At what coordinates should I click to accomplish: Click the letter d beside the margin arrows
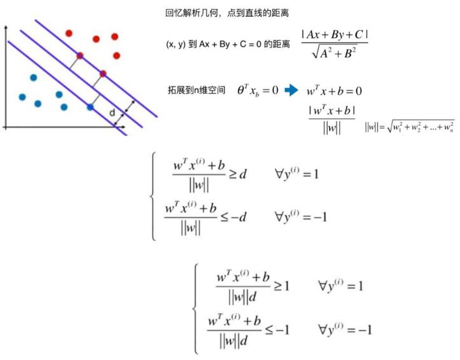coord(112,113)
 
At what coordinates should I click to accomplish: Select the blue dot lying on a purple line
coord(90,107)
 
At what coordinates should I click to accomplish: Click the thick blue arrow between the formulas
coord(291,90)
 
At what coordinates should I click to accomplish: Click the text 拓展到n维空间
coord(195,90)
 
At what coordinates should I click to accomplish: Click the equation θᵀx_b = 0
coord(258,90)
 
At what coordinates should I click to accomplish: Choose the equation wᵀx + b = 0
coord(334,91)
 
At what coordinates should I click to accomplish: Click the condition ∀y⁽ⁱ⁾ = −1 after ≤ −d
coord(301,216)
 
